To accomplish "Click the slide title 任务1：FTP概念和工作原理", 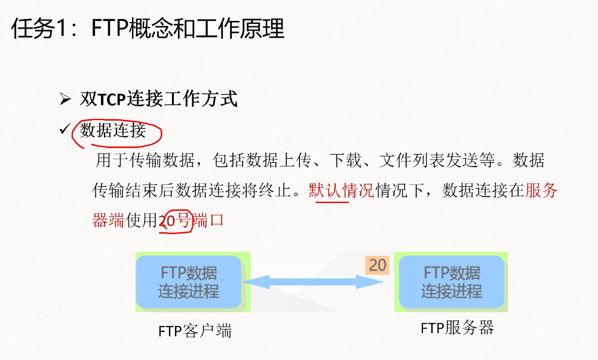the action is point(148,28).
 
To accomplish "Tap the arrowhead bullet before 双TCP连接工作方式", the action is point(65,99).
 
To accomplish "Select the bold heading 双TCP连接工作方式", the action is point(159,99).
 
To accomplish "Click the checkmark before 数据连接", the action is point(65,129).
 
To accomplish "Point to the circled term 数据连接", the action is point(113,130).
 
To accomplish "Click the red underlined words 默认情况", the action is point(341,190).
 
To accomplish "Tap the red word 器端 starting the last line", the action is point(108,220).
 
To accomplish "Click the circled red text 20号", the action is point(175,220).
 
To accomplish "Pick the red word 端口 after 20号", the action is point(208,220).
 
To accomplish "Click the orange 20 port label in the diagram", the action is point(378,264).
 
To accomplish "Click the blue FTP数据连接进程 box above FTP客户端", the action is point(189,282).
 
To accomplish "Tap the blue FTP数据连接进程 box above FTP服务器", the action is point(452,282).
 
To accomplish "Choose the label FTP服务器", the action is point(457,328).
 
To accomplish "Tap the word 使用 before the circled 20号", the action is point(141,220).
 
